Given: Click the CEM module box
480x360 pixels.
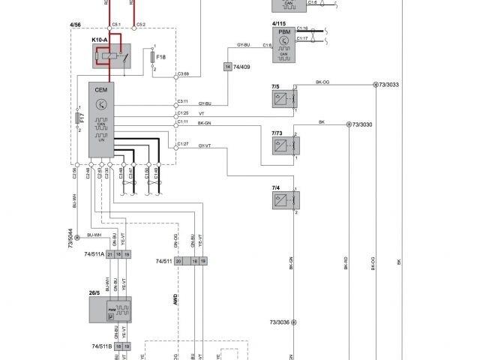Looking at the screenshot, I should click(x=101, y=120).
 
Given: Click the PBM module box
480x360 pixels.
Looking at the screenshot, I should click(x=283, y=42).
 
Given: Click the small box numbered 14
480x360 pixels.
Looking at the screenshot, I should click(x=227, y=67).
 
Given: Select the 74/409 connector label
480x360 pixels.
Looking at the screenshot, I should click(x=244, y=67).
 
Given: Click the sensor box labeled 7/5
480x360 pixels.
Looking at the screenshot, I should click(x=284, y=98).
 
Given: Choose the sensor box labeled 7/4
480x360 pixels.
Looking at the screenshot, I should click(x=284, y=199).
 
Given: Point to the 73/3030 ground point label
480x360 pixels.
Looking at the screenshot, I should click(x=363, y=124).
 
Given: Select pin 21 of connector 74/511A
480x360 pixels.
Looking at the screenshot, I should click(x=109, y=255).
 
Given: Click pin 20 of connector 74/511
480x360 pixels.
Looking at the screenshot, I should click(x=178, y=261).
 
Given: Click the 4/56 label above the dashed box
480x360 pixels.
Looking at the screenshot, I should click(x=75, y=25).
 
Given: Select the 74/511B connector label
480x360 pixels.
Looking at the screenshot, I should click(x=101, y=346).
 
